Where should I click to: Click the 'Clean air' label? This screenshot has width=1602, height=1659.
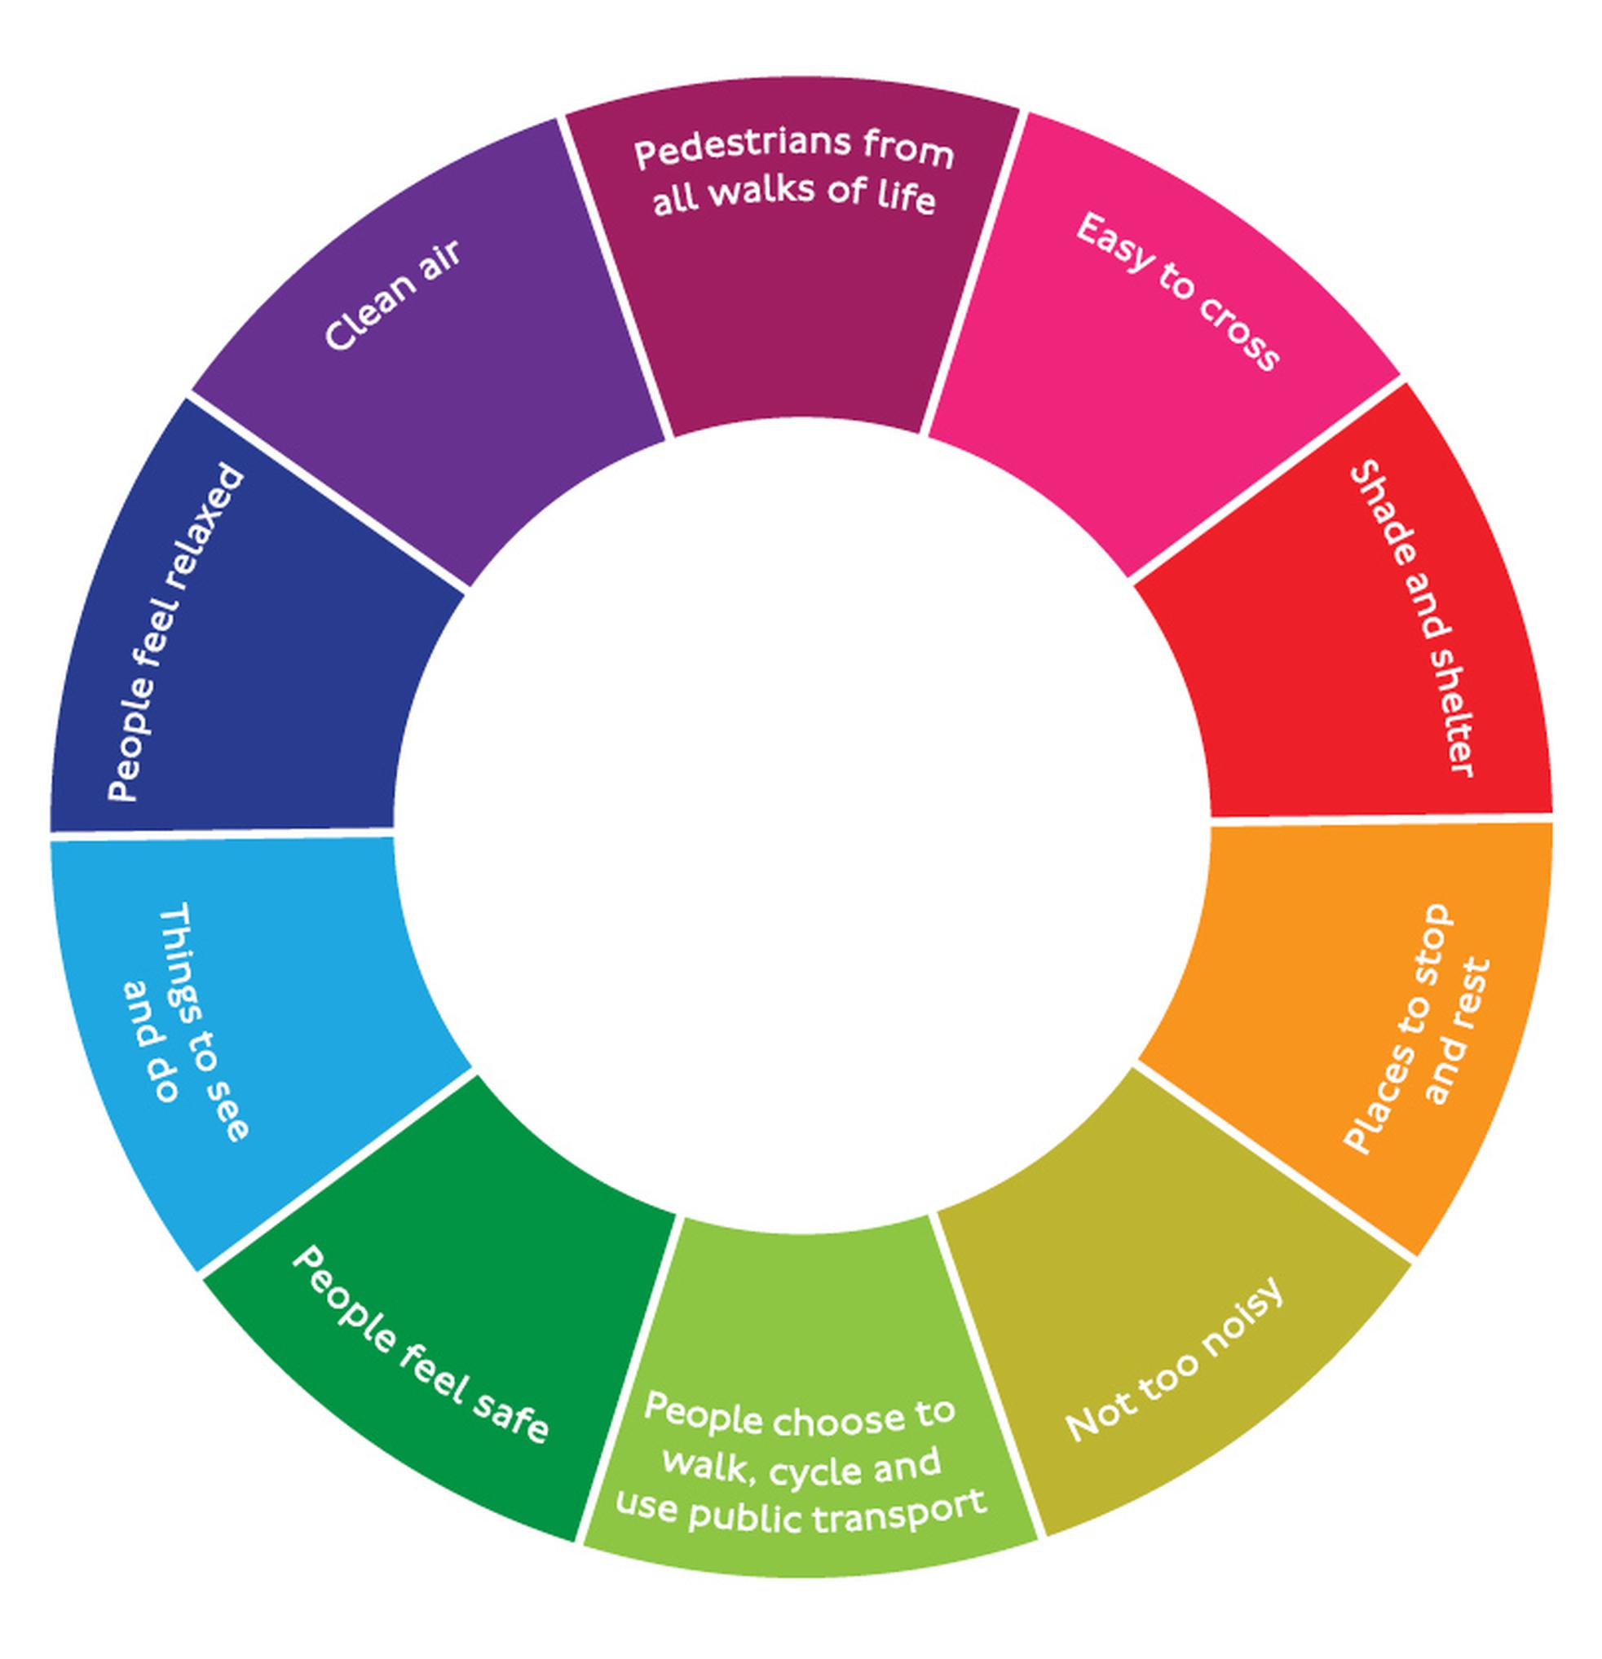(394, 293)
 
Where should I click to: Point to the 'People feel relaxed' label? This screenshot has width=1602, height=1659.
(177, 633)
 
